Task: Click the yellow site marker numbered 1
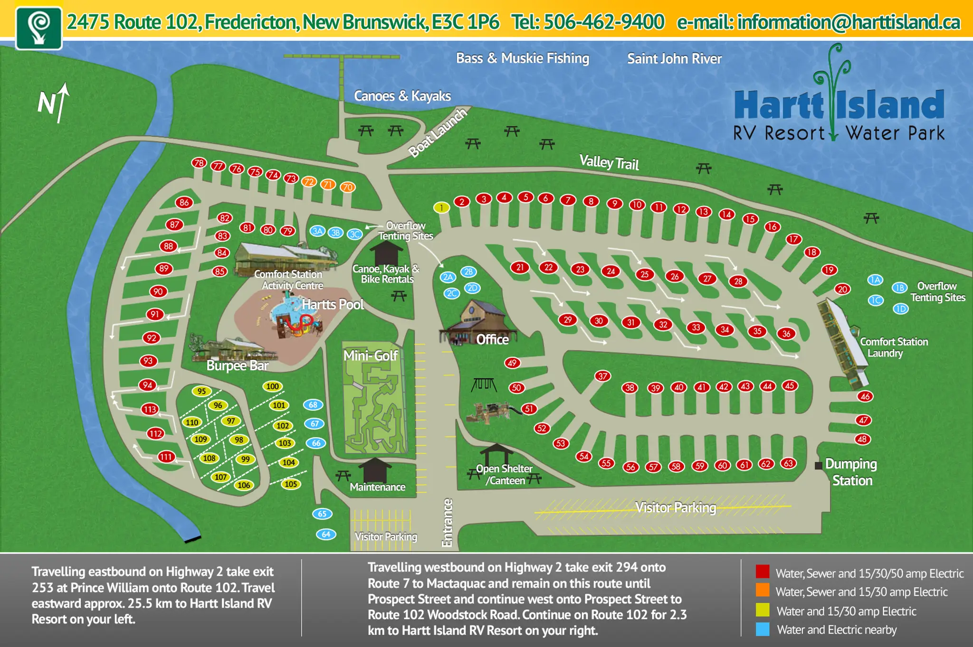pos(441,207)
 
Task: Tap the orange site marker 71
pos(328,184)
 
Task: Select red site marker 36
pos(786,334)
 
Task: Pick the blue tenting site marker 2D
pos(472,288)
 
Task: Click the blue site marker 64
pos(326,534)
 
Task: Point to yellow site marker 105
pos(291,484)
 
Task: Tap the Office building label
pos(492,339)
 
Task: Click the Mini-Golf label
pos(371,356)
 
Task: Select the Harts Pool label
pos(333,304)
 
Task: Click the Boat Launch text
pos(438,132)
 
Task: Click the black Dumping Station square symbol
pos(819,466)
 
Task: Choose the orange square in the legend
pos(763,590)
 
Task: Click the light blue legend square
pos(763,629)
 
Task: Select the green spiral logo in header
pos(38,28)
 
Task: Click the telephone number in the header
pos(588,22)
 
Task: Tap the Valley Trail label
pos(609,162)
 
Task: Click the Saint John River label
pos(674,58)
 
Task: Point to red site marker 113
pos(150,409)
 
